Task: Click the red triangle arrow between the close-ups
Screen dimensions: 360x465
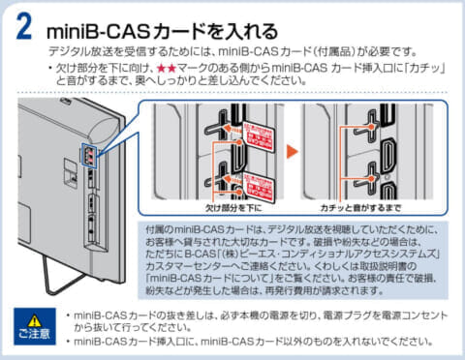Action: point(292,152)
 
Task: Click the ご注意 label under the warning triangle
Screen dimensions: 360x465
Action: point(34,336)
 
